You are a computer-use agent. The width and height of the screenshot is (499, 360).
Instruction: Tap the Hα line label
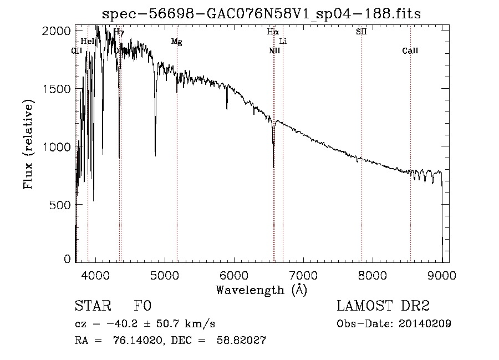point(273,32)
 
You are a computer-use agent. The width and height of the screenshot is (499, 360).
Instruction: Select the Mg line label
point(177,42)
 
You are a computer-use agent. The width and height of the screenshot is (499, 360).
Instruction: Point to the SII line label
point(361,32)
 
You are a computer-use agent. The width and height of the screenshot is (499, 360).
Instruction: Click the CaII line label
point(410,51)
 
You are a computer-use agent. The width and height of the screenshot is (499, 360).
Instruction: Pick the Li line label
point(283,42)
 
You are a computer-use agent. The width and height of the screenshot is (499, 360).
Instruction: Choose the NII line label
point(275,51)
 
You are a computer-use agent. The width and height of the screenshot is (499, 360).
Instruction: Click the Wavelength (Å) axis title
point(261,290)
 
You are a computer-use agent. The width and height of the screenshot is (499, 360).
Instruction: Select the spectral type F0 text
point(142,306)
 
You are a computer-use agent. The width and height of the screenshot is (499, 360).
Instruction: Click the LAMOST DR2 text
point(383,306)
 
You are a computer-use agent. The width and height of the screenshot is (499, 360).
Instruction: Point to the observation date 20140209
point(426,324)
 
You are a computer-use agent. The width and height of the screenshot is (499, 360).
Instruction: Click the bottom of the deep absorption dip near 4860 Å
point(155,155)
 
